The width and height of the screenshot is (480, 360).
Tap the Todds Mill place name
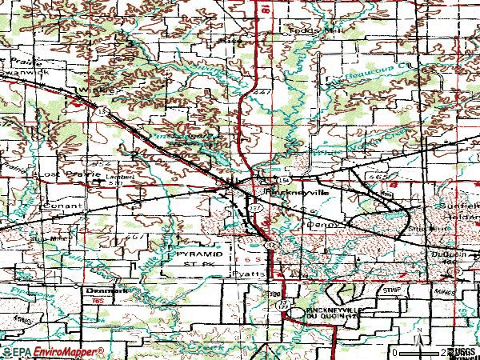[297, 29]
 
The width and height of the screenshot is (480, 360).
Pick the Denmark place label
[96, 291]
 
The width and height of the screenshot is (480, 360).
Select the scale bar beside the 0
[416, 352]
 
